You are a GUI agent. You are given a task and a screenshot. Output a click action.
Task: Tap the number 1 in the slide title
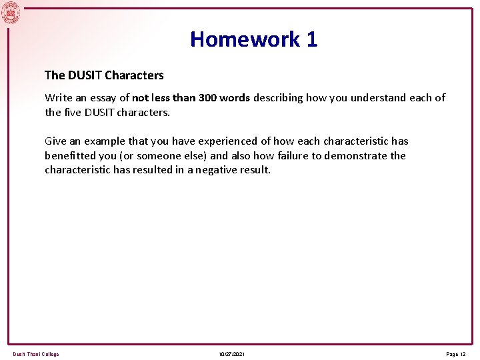(x=312, y=39)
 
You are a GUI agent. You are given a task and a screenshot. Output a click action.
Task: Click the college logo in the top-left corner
(x=11, y=13)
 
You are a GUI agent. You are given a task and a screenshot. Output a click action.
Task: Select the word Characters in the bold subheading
(x=134, y=75)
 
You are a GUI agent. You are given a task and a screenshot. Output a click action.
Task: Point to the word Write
(x=58, y=97)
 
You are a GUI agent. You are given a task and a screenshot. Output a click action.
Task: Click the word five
(x=75, y=112)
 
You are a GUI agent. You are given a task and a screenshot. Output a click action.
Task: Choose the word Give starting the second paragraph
(x=56, y=141)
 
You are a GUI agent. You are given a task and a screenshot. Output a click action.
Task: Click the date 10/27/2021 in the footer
(x=231, y=354)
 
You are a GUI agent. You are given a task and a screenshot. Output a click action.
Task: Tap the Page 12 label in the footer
(x=456, y=354)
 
